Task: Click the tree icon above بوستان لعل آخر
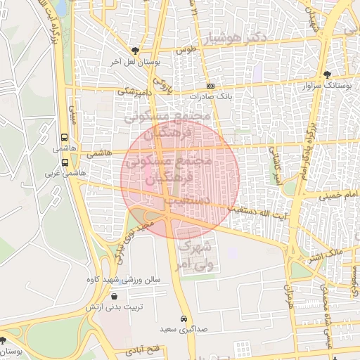[x=135, y=51]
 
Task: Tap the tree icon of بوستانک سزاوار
[x=327, y=75]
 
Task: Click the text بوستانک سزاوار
[x=324, y=85]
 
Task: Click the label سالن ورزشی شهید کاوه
[x=133, y=279]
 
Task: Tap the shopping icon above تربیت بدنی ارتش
[x=115, y=297]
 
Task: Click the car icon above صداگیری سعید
[x=184, y=319]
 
